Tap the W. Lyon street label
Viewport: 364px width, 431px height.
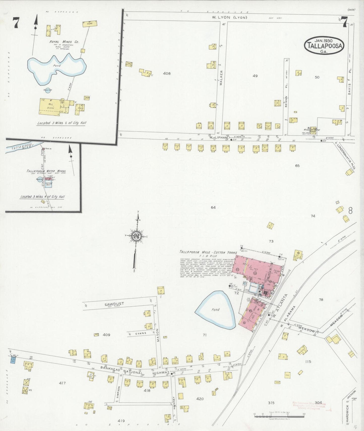click(x=229, y=17)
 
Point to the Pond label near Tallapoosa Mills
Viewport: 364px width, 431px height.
click(x=215, y=310)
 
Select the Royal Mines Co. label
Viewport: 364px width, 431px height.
click(x=64, y=42)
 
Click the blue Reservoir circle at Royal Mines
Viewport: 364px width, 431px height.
click(x=48, y=90)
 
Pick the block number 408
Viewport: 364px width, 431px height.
click(x=167, y=73)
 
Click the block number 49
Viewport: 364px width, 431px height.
click(x=255, y=76)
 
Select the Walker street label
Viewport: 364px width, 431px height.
click(x=221, y=78)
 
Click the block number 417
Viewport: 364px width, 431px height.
click(x=62, y=383)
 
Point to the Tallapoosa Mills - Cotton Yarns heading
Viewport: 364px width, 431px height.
click(x=208, y=252)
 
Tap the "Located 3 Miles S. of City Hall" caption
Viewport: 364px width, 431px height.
click(x=62, y=123)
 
